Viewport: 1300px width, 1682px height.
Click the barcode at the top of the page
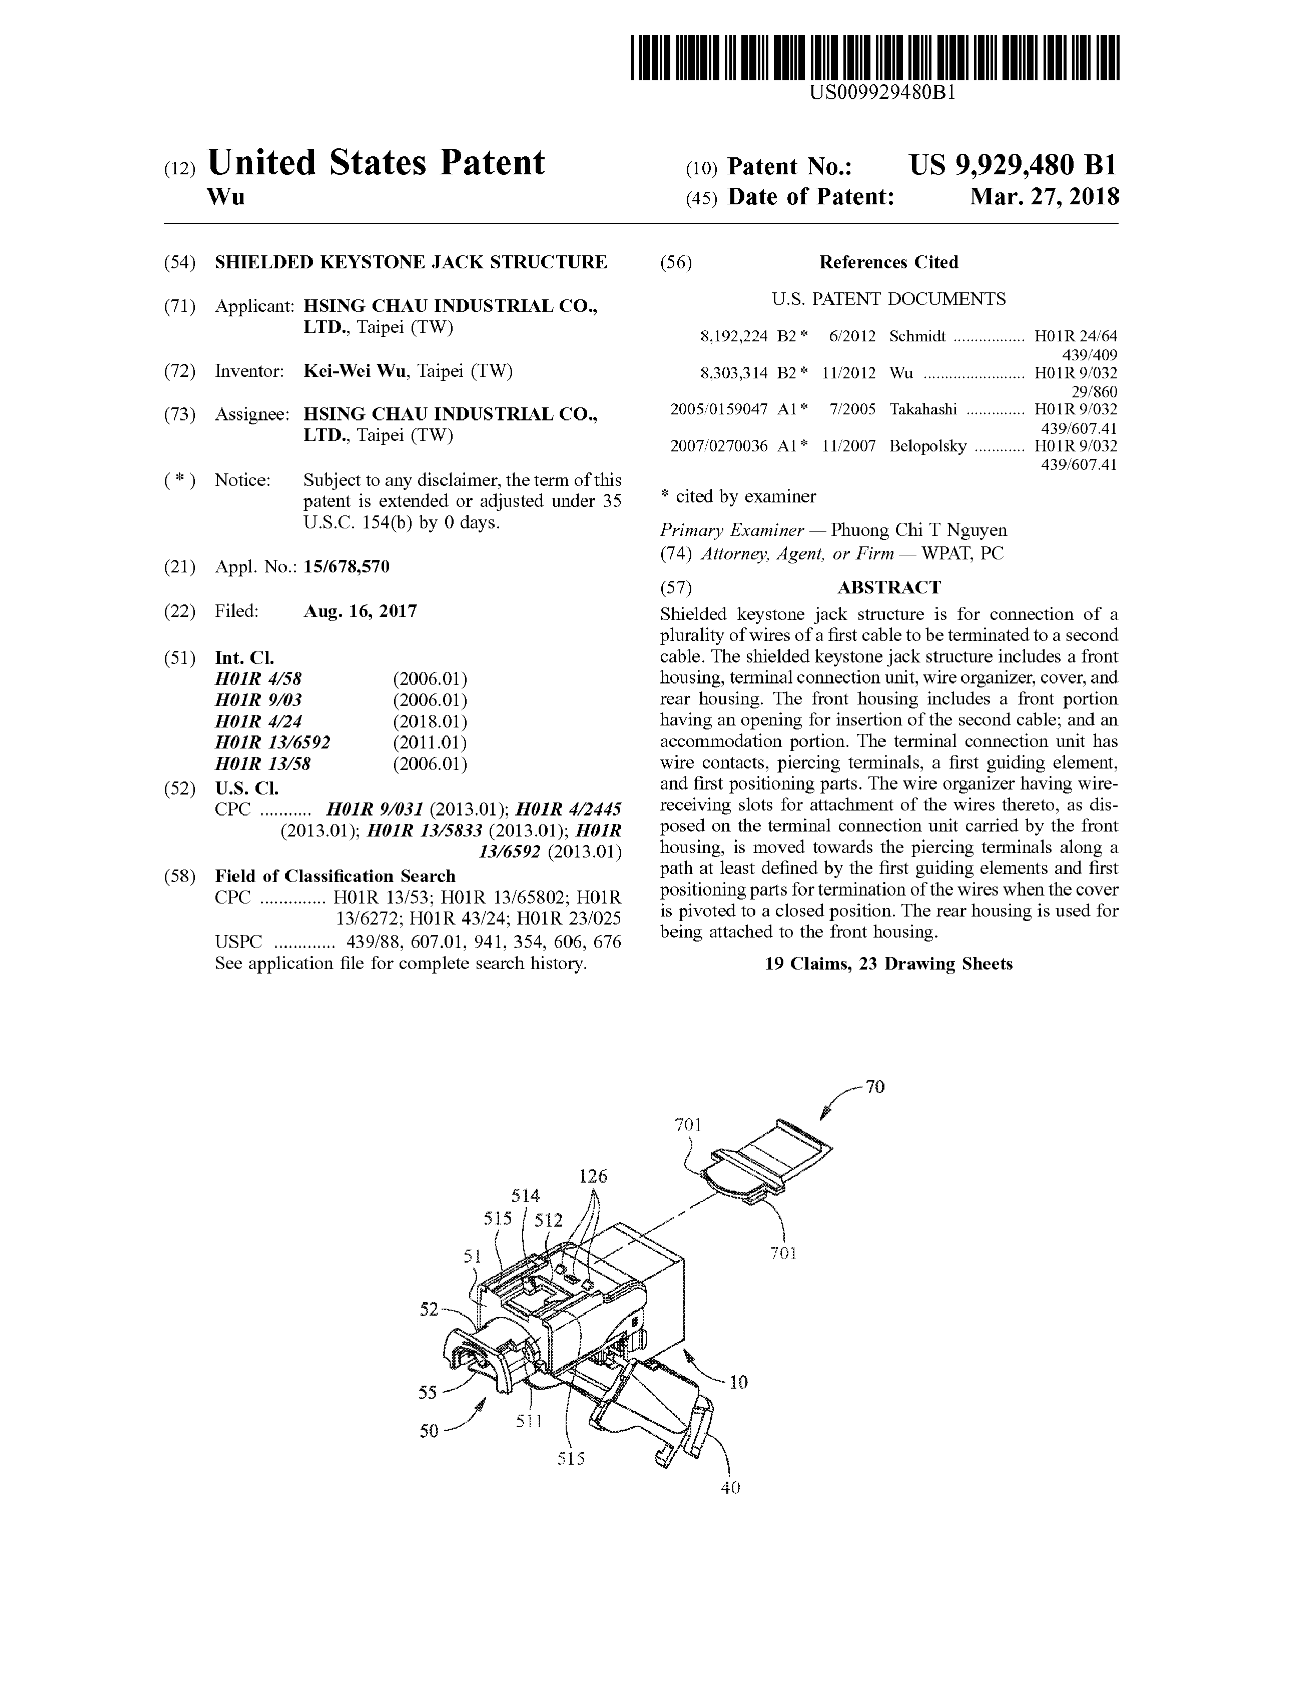874,57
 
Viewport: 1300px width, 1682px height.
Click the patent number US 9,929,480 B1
1013,166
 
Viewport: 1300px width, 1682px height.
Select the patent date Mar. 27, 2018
1044,197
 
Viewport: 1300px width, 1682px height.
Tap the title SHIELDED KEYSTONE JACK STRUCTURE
410,262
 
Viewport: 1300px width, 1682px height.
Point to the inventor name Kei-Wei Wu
354,371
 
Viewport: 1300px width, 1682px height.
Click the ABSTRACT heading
889,588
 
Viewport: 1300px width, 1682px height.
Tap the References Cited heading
889,262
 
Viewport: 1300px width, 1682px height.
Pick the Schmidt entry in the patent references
917,336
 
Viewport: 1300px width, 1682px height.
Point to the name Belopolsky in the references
927,446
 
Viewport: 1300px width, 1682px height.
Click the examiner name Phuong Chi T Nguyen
919,530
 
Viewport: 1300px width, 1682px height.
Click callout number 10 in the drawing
738,1382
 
